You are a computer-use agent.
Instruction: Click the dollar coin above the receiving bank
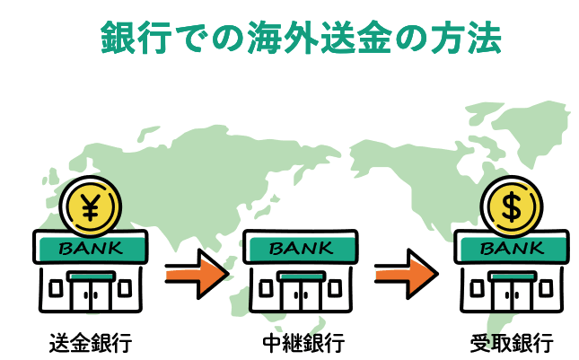[509, 207]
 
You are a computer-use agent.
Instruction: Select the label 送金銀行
[91, 342]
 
